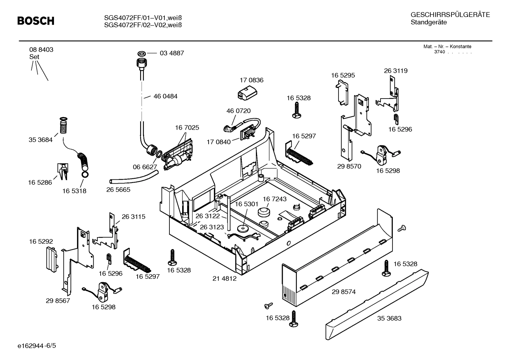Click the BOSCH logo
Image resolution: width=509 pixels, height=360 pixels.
pos(36,21)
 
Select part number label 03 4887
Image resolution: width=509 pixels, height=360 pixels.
pos(172,53)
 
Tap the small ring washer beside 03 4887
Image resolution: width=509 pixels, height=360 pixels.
pos(142,53)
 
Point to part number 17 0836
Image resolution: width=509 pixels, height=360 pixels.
pos(251,80)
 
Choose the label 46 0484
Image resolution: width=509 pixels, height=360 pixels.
pos(165,96)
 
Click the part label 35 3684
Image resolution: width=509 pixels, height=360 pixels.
pos(40,140)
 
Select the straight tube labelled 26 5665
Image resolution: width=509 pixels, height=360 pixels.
pos(133,176)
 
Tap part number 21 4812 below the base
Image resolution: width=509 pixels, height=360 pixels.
pos(224,278)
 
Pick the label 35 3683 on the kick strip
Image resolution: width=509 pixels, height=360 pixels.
pos(389,318)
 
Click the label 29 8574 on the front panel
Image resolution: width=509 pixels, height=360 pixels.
pos(343,292)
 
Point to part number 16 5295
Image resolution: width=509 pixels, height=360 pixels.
pos(343,75)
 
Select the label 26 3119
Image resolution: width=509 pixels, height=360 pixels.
pos(396,71)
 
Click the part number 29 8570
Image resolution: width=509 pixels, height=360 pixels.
pos(349,166)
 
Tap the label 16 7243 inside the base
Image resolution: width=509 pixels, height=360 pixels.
pos(275,199)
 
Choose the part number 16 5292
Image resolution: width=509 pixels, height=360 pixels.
pos(41,242)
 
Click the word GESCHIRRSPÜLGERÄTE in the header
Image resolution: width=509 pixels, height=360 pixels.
pos(450,15)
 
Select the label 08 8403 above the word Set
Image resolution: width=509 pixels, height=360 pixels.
pos(41,50)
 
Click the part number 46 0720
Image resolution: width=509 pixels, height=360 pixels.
pos(238,111)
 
